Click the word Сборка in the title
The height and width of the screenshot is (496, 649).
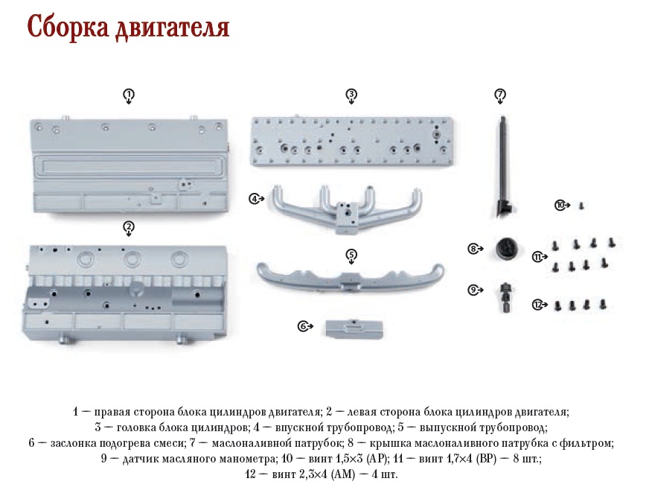pos(68,27)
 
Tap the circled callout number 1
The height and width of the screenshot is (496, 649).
pos(129,95)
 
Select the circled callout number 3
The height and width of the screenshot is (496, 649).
pos(351,95)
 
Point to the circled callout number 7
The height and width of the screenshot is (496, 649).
pos(500,95)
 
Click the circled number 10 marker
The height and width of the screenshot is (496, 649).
pos(560,205)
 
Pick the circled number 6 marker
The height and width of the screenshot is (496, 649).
pos(304,326)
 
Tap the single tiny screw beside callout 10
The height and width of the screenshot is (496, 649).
pos(581,206)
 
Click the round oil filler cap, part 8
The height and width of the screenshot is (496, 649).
pos(508,249)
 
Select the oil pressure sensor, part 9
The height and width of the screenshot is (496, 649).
pos(505,297)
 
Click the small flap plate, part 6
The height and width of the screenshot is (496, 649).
pos(354,328)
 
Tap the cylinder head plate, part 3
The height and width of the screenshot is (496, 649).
pos(351,142)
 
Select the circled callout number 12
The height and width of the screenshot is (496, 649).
pos(537,305)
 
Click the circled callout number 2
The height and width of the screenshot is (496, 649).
pos(129,227)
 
